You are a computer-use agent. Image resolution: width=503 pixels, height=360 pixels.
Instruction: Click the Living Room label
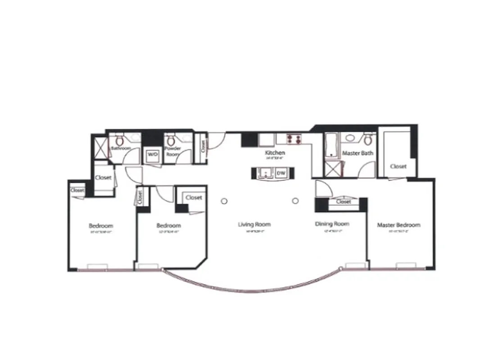pos(254,224)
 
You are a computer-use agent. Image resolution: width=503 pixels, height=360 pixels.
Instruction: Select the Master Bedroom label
pos(399,225)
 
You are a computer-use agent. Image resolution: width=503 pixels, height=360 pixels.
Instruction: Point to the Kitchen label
pos(275,153)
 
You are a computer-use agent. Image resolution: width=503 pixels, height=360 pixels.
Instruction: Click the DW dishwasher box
pos(281,173)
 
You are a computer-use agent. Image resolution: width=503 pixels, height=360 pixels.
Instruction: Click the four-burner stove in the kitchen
pos(295,139)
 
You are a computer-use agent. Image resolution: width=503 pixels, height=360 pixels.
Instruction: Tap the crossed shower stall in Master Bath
pos(333,170)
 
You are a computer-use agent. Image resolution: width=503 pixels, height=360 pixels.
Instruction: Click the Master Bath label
pos(358,153)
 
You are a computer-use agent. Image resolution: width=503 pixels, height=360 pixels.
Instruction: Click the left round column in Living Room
pos(224,201)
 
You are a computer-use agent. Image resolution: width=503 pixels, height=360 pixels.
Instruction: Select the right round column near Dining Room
pos(295,201)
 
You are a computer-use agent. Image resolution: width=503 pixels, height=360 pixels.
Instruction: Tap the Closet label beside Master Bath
pos(398,166)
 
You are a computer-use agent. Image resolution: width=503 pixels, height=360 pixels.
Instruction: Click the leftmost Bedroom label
pos(101,225)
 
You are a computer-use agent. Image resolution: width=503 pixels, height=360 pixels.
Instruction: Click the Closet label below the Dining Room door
pos(344,202)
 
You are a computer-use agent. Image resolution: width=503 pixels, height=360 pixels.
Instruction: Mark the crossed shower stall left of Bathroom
pos(100,148)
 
